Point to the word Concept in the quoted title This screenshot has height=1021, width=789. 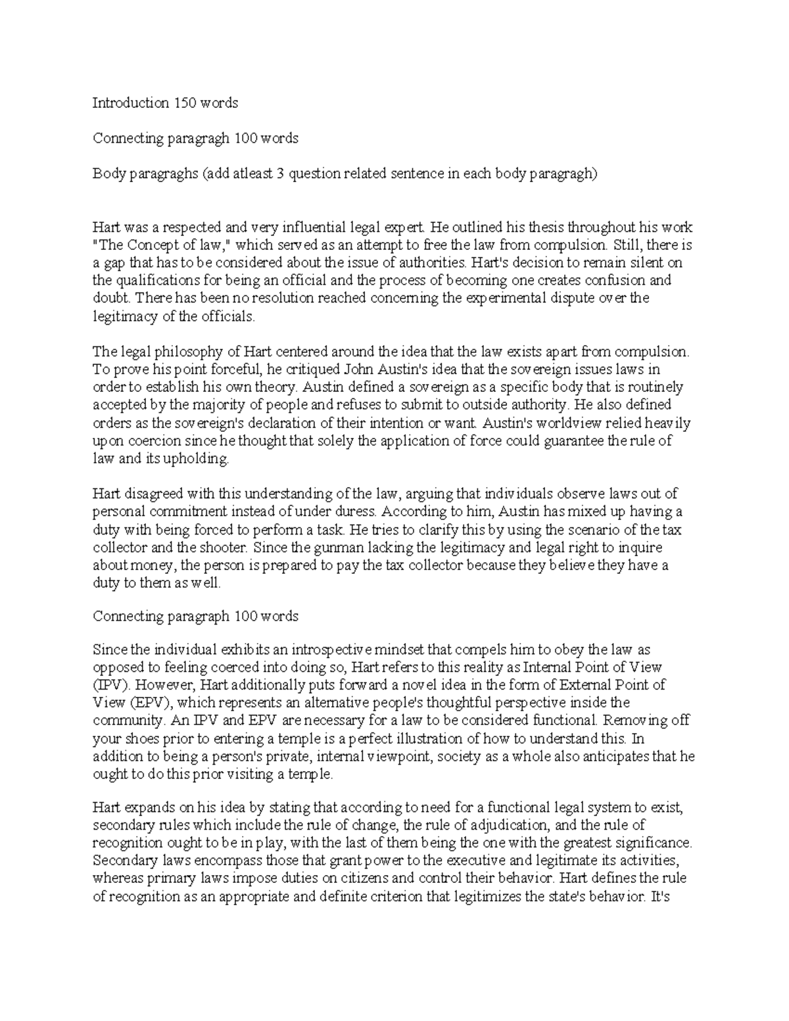[141, 245]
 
